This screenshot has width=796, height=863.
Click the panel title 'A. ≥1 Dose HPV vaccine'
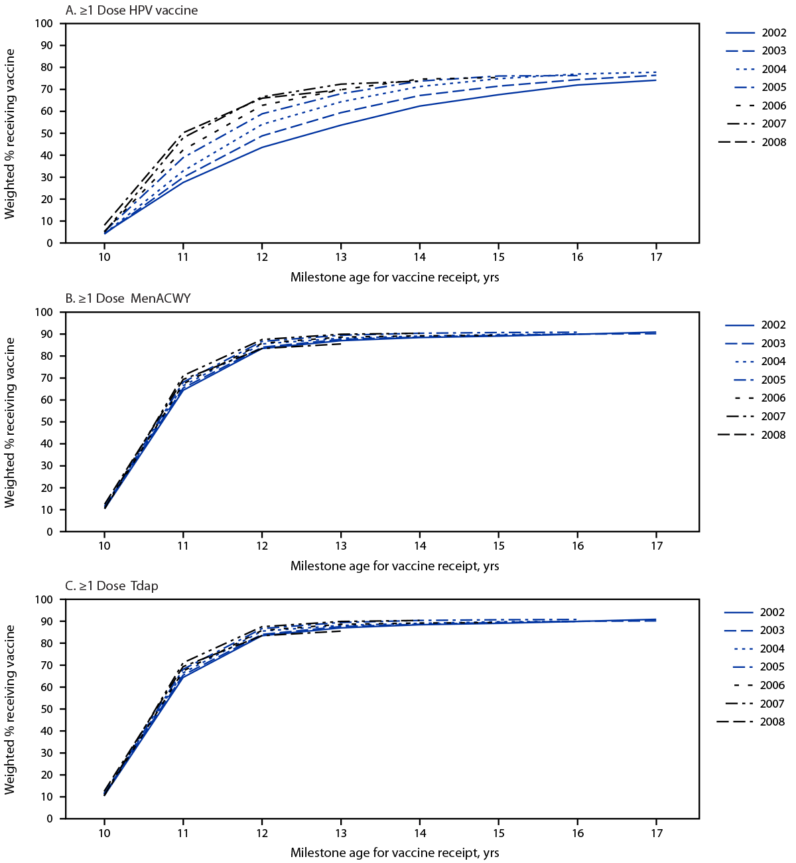pyautogui.click(x=131, y=10)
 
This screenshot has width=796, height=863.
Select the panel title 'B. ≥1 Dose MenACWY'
pyautogui.click(x=128, y=298)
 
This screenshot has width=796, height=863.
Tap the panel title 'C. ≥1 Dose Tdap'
pyautogui.click(x=111, y=586)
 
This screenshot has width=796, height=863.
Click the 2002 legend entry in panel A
pyautogui.click(x=756, y=33)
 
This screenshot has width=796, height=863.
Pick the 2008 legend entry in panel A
pyautogui.click(x=756, y=142)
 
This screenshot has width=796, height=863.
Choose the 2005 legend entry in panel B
pyautogui.click(x=756, y=380)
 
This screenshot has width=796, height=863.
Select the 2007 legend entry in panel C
pyautogui.click(x=756, y=704)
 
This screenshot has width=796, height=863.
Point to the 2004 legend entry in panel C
pyautogui.click(x=756, y=649)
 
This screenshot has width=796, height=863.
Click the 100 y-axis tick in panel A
pyautogui.click(x=44, y=24)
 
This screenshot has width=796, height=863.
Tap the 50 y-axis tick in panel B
pyautogui.click(x=46, y=422)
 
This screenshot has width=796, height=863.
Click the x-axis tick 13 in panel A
pyautogui.click(x=341, y=258)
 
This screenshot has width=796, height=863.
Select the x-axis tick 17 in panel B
pyautogui.click(x=656, y=546)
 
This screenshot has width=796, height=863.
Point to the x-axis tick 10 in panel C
pyautogui.click(x=104, y=833)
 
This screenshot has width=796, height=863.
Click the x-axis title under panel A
pyautogui.click(x=395, y=277)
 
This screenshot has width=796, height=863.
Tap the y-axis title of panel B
pyautogui.click(x=10, y=422)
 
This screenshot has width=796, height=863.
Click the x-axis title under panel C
pyautogui.click(x=395, y=852)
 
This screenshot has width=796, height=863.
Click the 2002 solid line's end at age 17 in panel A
pyautogui.click(x=656, y=80)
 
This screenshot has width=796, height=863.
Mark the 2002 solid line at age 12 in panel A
pyautogui.click(x=262, y=147)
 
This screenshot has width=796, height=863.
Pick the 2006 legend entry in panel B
pyautogui.click(x=756, y=398)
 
